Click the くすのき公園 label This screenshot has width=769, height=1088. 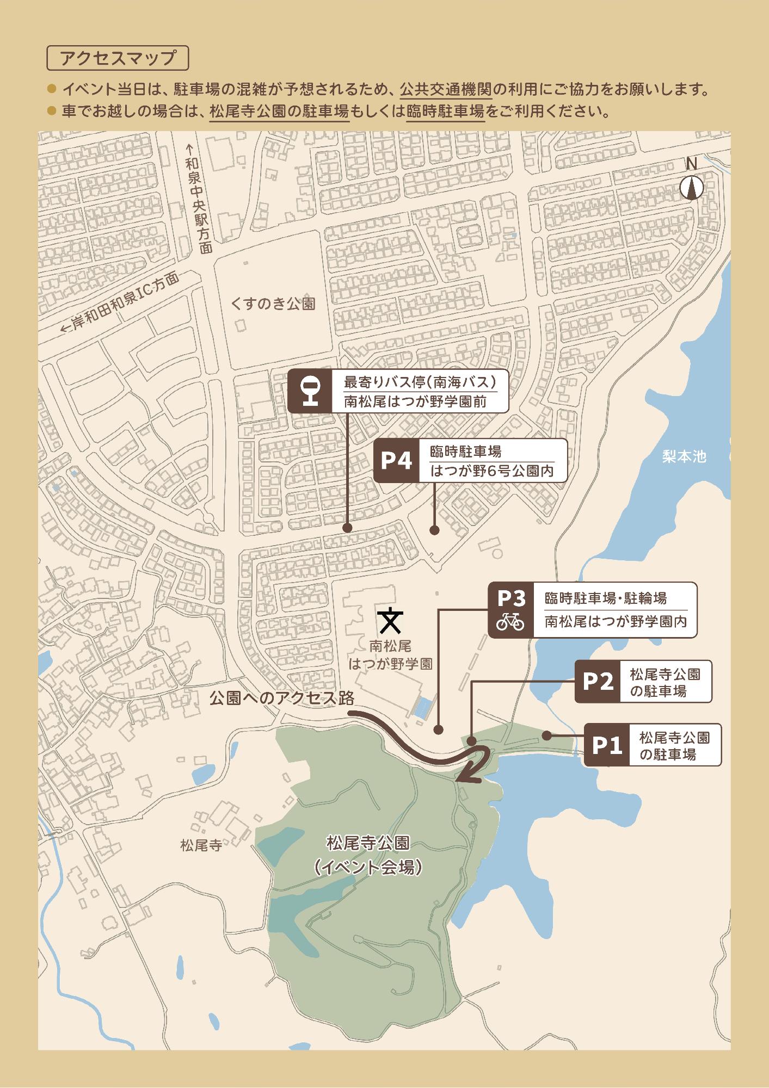pos(273,304)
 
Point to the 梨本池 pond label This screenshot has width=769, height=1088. pos(684,456)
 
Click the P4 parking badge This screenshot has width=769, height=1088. pos(396,461)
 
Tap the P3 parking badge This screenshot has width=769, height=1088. pos(510,610)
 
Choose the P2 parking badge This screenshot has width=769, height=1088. pos(598,681)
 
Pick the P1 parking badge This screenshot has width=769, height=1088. pos(606,745)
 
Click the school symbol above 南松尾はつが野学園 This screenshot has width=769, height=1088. pos(390,621)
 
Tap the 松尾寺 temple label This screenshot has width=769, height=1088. pos(201,846)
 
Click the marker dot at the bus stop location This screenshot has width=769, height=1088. pos(347,528)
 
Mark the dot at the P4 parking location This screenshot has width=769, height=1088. pos(434,529)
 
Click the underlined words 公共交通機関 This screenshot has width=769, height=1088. pos(445,88)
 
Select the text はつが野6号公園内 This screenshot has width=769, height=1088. pos(492,471)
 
